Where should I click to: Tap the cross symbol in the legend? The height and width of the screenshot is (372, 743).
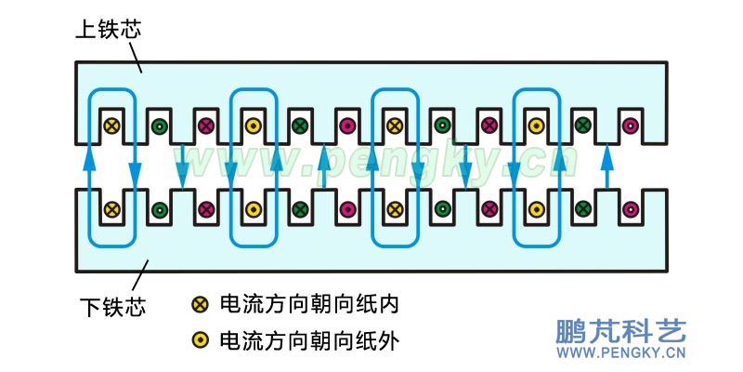pyautogui.click(x=199, y=304)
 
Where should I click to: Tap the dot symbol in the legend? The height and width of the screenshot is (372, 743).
pyautogui.click(x=199, y=340)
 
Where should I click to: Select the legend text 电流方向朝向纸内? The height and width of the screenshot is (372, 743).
pyautogui.click(x=308, y=304)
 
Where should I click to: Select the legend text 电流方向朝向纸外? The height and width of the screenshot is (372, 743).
pyautogui.click(x=308, y=340)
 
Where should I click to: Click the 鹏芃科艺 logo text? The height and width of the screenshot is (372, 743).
pyautogui.click(x=619, y=331)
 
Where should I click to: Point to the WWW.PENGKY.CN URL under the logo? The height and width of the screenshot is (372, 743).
pyautogui.click(x=619, y=353)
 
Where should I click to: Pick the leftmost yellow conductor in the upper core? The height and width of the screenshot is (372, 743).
pyautogui.click(x=111, y=126)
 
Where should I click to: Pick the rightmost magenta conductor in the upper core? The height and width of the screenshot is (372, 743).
pyautogui.click(x=630, y=126)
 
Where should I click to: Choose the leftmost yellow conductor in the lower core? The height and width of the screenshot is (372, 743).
pyautogui.click(x=111, y=209)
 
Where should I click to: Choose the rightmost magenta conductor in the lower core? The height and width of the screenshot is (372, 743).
pyautogui.click(x=630, y=209)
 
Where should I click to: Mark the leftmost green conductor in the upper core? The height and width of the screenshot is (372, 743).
pyautogui.click(x=159, y=126)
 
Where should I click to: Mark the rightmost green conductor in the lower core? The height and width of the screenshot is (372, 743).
pyautogui.click(x=582, y=209)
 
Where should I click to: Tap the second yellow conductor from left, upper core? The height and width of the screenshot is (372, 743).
pyautogui.click(x=253, y=126)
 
